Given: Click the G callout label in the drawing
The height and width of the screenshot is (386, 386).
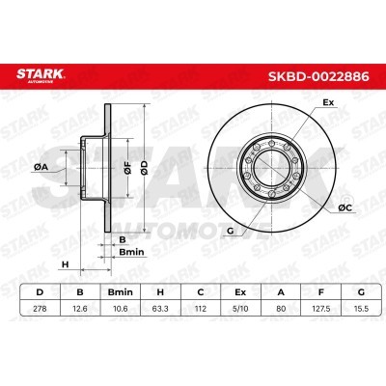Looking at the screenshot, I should tap(231, 232).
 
